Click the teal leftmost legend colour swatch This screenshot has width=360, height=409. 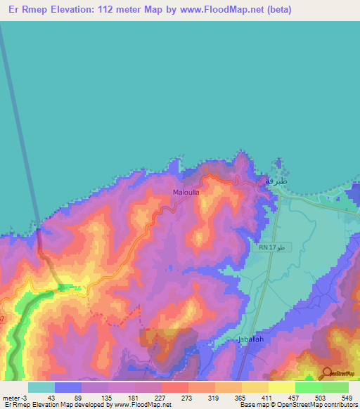pyautogui.click(x=41, y=387)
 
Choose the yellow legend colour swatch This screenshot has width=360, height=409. pyautogui.click(x=282, y=387)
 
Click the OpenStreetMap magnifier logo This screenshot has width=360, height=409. pyautogui.click(x=328, y=373)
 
